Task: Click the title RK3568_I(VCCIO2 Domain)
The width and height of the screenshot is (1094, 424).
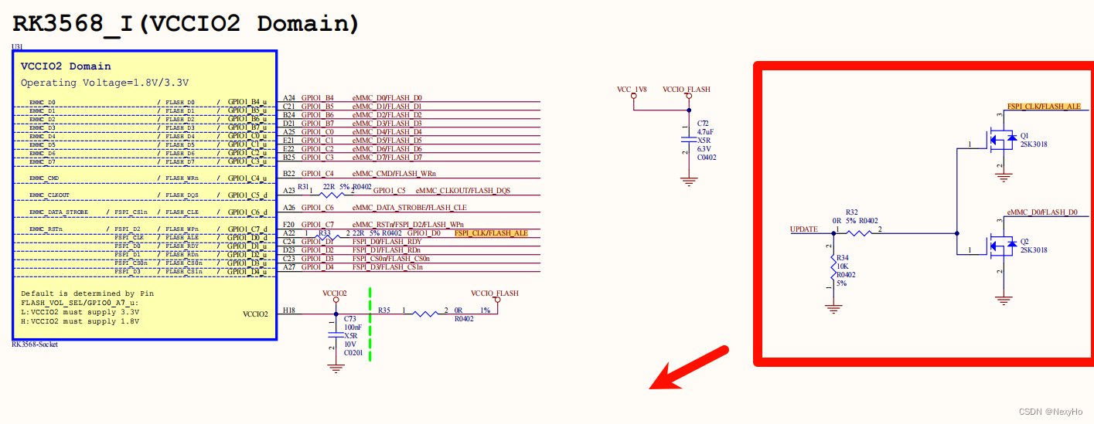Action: coord(186,23)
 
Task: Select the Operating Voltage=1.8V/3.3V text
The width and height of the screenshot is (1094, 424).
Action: coord(104,82)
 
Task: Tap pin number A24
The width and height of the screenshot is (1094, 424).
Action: coord(289,98)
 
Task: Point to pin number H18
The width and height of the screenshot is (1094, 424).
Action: coord(289,310)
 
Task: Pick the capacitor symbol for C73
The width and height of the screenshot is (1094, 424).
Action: coord(336,333)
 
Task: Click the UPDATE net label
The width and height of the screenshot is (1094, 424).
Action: coord(804,229)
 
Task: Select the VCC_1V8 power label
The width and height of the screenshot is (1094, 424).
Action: coord(632,90)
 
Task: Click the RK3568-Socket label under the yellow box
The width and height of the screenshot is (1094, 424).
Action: coord(35,344)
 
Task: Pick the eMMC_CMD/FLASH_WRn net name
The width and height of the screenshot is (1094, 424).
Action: coord(394,174)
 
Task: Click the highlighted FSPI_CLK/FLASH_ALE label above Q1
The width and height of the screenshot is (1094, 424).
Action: coord(1044,107)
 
